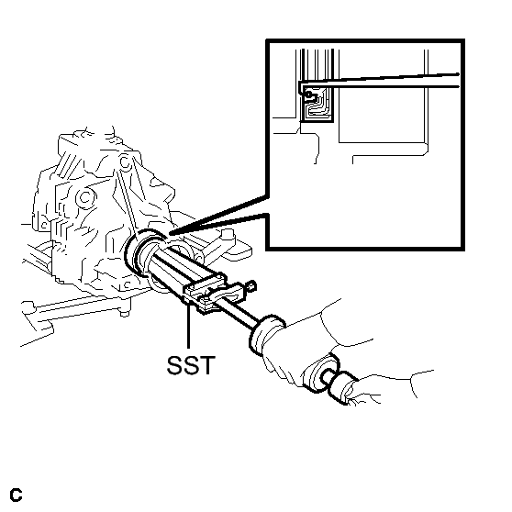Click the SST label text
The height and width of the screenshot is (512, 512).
click(191, 364)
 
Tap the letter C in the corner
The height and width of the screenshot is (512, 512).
click(16, 495)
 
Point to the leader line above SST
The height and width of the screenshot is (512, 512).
click(188, 327)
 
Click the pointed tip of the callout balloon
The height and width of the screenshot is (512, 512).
click(170, 233)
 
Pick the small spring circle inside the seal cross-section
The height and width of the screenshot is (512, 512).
click(308, 95)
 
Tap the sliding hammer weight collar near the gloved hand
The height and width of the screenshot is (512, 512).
click(266, 334)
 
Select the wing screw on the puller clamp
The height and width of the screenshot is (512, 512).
click(251, 286)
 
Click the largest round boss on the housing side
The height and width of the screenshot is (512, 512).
click(85, 197)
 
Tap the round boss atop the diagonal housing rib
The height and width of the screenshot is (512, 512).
click(125, 161)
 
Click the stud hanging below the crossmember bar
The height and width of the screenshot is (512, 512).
click(123, 312)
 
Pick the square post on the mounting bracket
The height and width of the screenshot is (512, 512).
click(227, 236)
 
